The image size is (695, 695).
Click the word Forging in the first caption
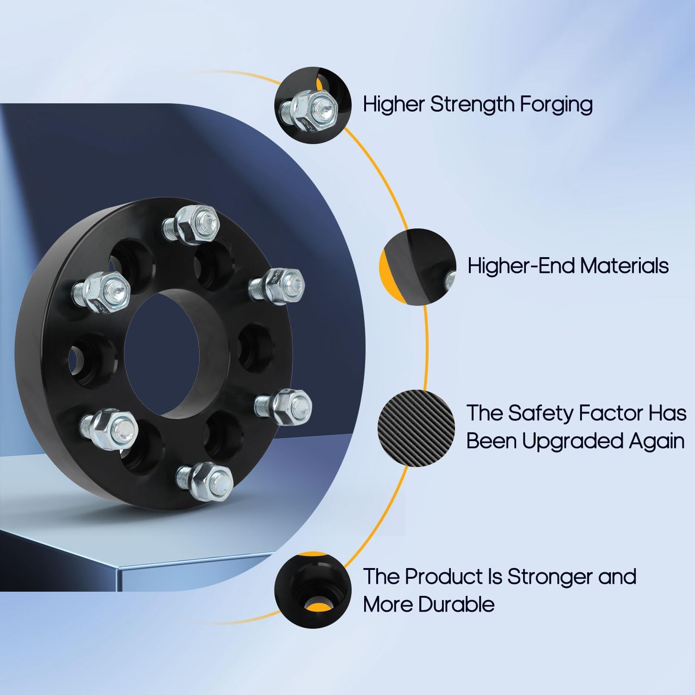[556, 105]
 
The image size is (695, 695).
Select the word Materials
[624, 266]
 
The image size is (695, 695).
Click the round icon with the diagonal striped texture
[417, 428]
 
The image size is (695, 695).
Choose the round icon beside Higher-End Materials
[417, 267]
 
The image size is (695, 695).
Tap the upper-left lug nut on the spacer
[105, 291]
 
